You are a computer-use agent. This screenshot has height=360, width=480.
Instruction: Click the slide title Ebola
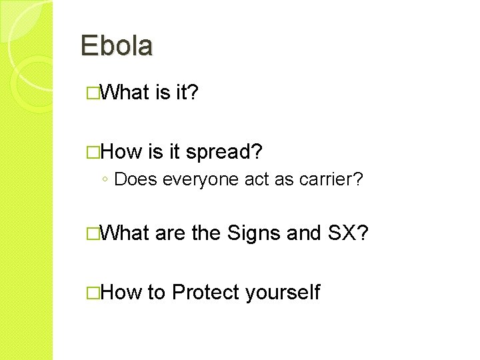(117, 45)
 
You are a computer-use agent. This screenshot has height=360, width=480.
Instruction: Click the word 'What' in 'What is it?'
(127, 93)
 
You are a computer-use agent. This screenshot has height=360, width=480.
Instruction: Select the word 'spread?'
(224, 152)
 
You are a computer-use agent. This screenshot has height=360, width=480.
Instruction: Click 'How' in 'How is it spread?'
(123, 152)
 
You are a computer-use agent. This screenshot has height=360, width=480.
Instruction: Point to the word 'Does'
(136, 179)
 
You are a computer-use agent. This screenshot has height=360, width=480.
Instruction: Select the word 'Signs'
(254, 233)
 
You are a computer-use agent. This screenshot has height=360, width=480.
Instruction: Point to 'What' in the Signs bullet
(127, 233)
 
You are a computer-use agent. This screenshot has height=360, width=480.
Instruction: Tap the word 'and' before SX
(305, 233)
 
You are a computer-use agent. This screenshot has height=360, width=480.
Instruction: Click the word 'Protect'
(206, 292)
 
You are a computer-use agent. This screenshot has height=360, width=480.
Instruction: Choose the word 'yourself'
(283, 292)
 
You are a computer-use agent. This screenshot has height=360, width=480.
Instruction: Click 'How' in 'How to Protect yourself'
(123, 292)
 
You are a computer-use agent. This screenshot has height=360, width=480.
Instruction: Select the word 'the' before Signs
(207, 233)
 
